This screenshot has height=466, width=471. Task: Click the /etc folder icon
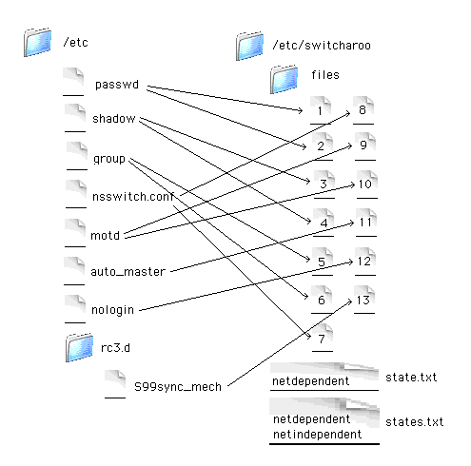tap(37, 42)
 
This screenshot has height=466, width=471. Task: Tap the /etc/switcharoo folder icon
tap(249, 47)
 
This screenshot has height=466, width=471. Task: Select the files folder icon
tap(284, 79)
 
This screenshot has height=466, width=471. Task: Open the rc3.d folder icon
tap(79, 348)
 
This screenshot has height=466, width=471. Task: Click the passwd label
tap(117, 85)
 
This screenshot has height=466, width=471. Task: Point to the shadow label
tap(114, 119)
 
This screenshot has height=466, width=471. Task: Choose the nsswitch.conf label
tap(133, 197)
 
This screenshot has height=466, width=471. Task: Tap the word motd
tap(105, 236)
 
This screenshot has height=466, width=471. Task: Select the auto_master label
tap(128, 272)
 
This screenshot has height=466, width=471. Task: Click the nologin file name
tap(112, 310)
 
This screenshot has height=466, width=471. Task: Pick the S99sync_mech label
tap(178, 387)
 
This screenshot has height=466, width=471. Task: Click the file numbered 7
tap(323, 338)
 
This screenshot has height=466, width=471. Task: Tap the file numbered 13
tap(364, 300)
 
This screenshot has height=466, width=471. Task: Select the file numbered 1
tap(321, 110)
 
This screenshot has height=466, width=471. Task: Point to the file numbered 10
tap(367, 184)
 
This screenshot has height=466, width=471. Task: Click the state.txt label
tap(411, 378)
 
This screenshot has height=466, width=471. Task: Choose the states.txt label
tap(414, 422)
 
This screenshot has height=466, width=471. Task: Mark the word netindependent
tap(317, 434)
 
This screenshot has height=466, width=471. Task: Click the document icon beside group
tap(77, 156)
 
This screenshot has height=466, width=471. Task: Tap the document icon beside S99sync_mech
tap(115, 384)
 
